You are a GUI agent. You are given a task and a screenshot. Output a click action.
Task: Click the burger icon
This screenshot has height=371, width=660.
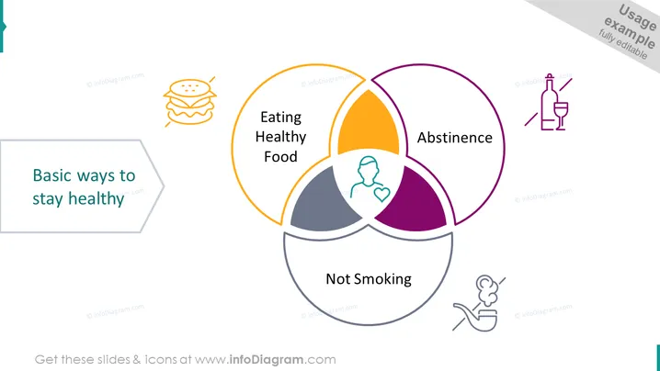190,102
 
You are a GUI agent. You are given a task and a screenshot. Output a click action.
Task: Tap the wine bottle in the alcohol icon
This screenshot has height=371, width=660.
548,102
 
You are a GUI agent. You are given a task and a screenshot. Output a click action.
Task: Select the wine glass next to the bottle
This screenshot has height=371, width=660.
561,116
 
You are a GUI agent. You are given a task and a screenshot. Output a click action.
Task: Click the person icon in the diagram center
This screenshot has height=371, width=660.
367,176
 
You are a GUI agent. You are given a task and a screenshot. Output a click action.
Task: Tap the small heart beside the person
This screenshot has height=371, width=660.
381,194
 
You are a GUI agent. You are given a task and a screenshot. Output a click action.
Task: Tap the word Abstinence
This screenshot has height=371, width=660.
455,138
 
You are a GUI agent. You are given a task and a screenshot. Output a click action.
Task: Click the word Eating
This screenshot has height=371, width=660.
280,118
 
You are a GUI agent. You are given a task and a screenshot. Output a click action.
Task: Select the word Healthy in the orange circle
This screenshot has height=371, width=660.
280,137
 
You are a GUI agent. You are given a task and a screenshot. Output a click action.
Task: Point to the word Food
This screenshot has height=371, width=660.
280,156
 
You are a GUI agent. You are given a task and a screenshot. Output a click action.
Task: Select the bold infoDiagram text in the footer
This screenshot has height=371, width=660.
266,360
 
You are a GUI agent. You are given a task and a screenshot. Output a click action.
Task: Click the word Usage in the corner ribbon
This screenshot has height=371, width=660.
637,17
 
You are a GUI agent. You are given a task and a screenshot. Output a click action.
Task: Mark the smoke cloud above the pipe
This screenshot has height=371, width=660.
487,289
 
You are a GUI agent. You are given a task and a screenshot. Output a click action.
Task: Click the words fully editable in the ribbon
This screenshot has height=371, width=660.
623,44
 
